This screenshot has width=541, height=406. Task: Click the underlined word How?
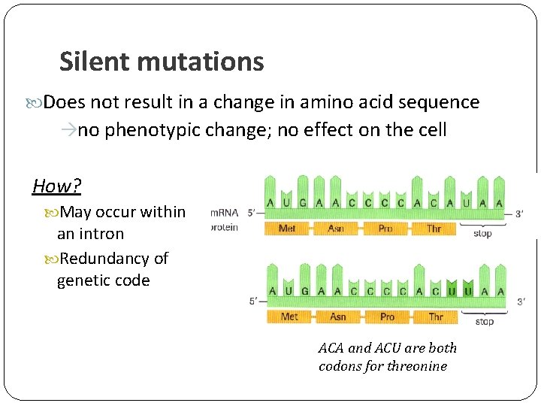57,186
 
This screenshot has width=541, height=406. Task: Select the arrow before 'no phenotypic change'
68,131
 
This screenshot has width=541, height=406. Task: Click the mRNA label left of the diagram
224,214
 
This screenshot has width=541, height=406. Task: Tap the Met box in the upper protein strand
287,228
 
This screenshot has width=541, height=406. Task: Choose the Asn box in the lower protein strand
338,317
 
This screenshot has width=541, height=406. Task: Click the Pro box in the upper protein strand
385,228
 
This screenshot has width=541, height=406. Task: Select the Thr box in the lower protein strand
436,317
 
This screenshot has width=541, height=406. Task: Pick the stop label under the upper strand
482,234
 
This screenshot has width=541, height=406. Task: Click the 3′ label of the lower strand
521,301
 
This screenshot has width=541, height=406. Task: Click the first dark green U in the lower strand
452,291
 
